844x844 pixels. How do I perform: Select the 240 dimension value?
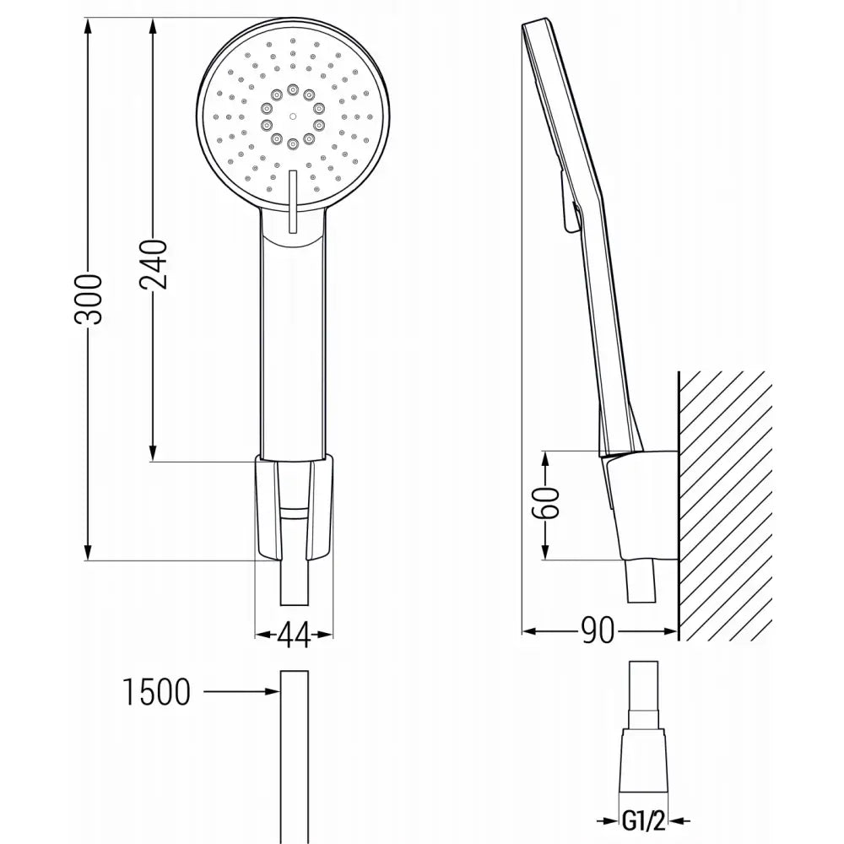154,264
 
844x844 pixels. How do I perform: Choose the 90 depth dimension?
598,630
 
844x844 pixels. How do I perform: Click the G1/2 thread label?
643,820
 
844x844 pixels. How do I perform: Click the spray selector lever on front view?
292,198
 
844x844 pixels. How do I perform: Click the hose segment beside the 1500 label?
292,743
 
